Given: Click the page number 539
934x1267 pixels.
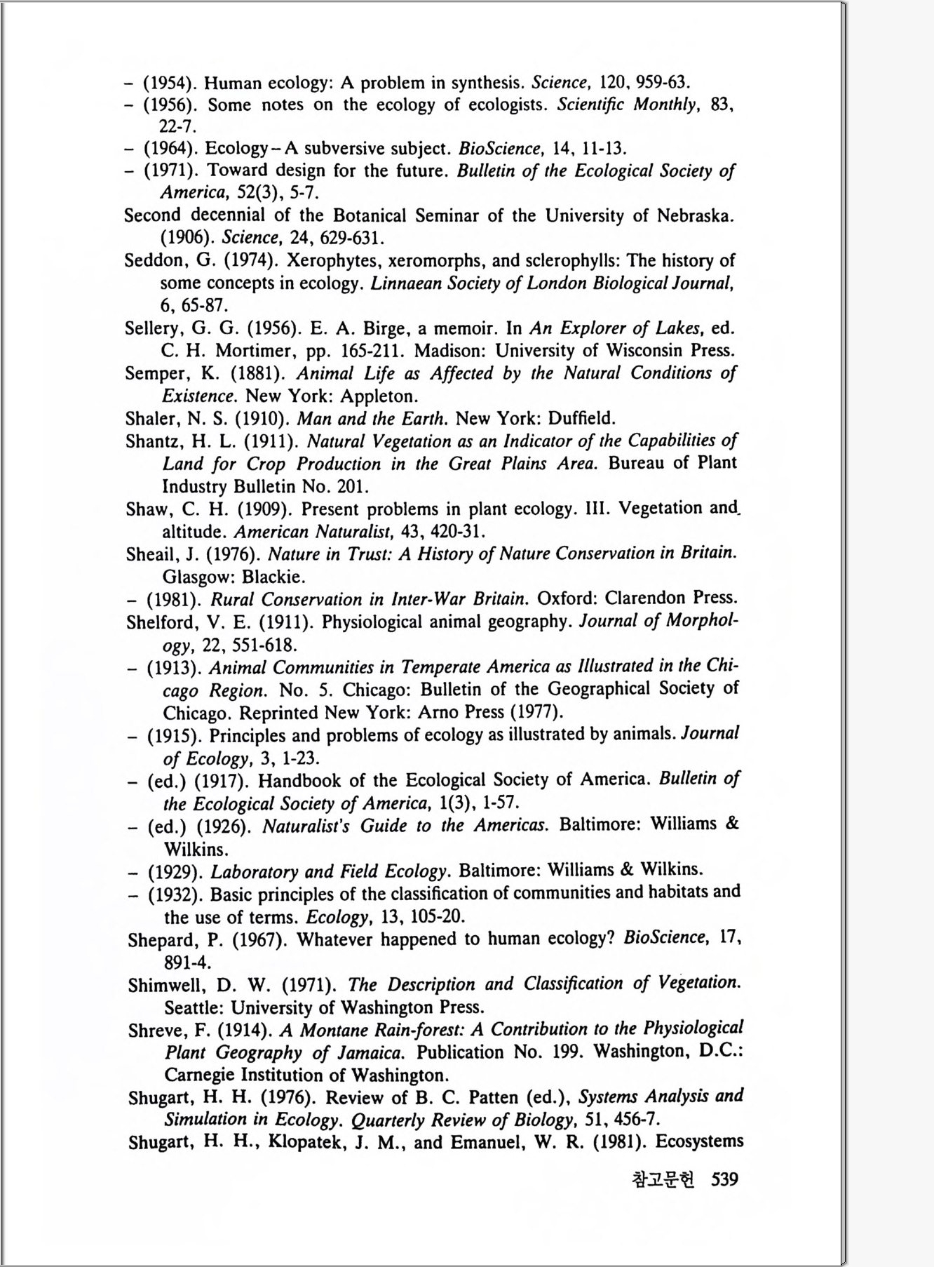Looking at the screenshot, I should tap(724, 1179).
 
